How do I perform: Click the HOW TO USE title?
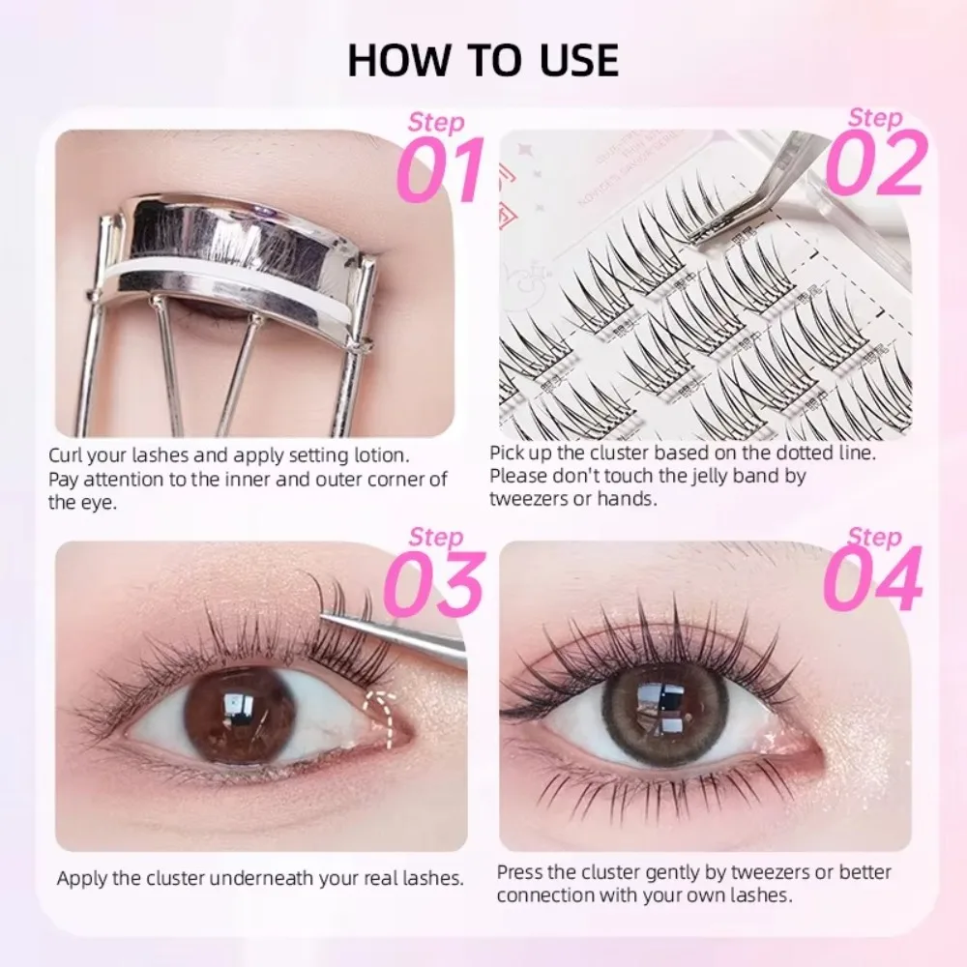click(483, 59)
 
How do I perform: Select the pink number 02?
click(876, 163)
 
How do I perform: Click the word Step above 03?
click(436, 537)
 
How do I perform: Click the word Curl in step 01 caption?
click(66, 454)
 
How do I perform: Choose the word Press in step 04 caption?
click(520, 872)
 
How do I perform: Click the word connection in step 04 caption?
click(542, 896)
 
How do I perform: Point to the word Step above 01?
click(436, 123)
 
